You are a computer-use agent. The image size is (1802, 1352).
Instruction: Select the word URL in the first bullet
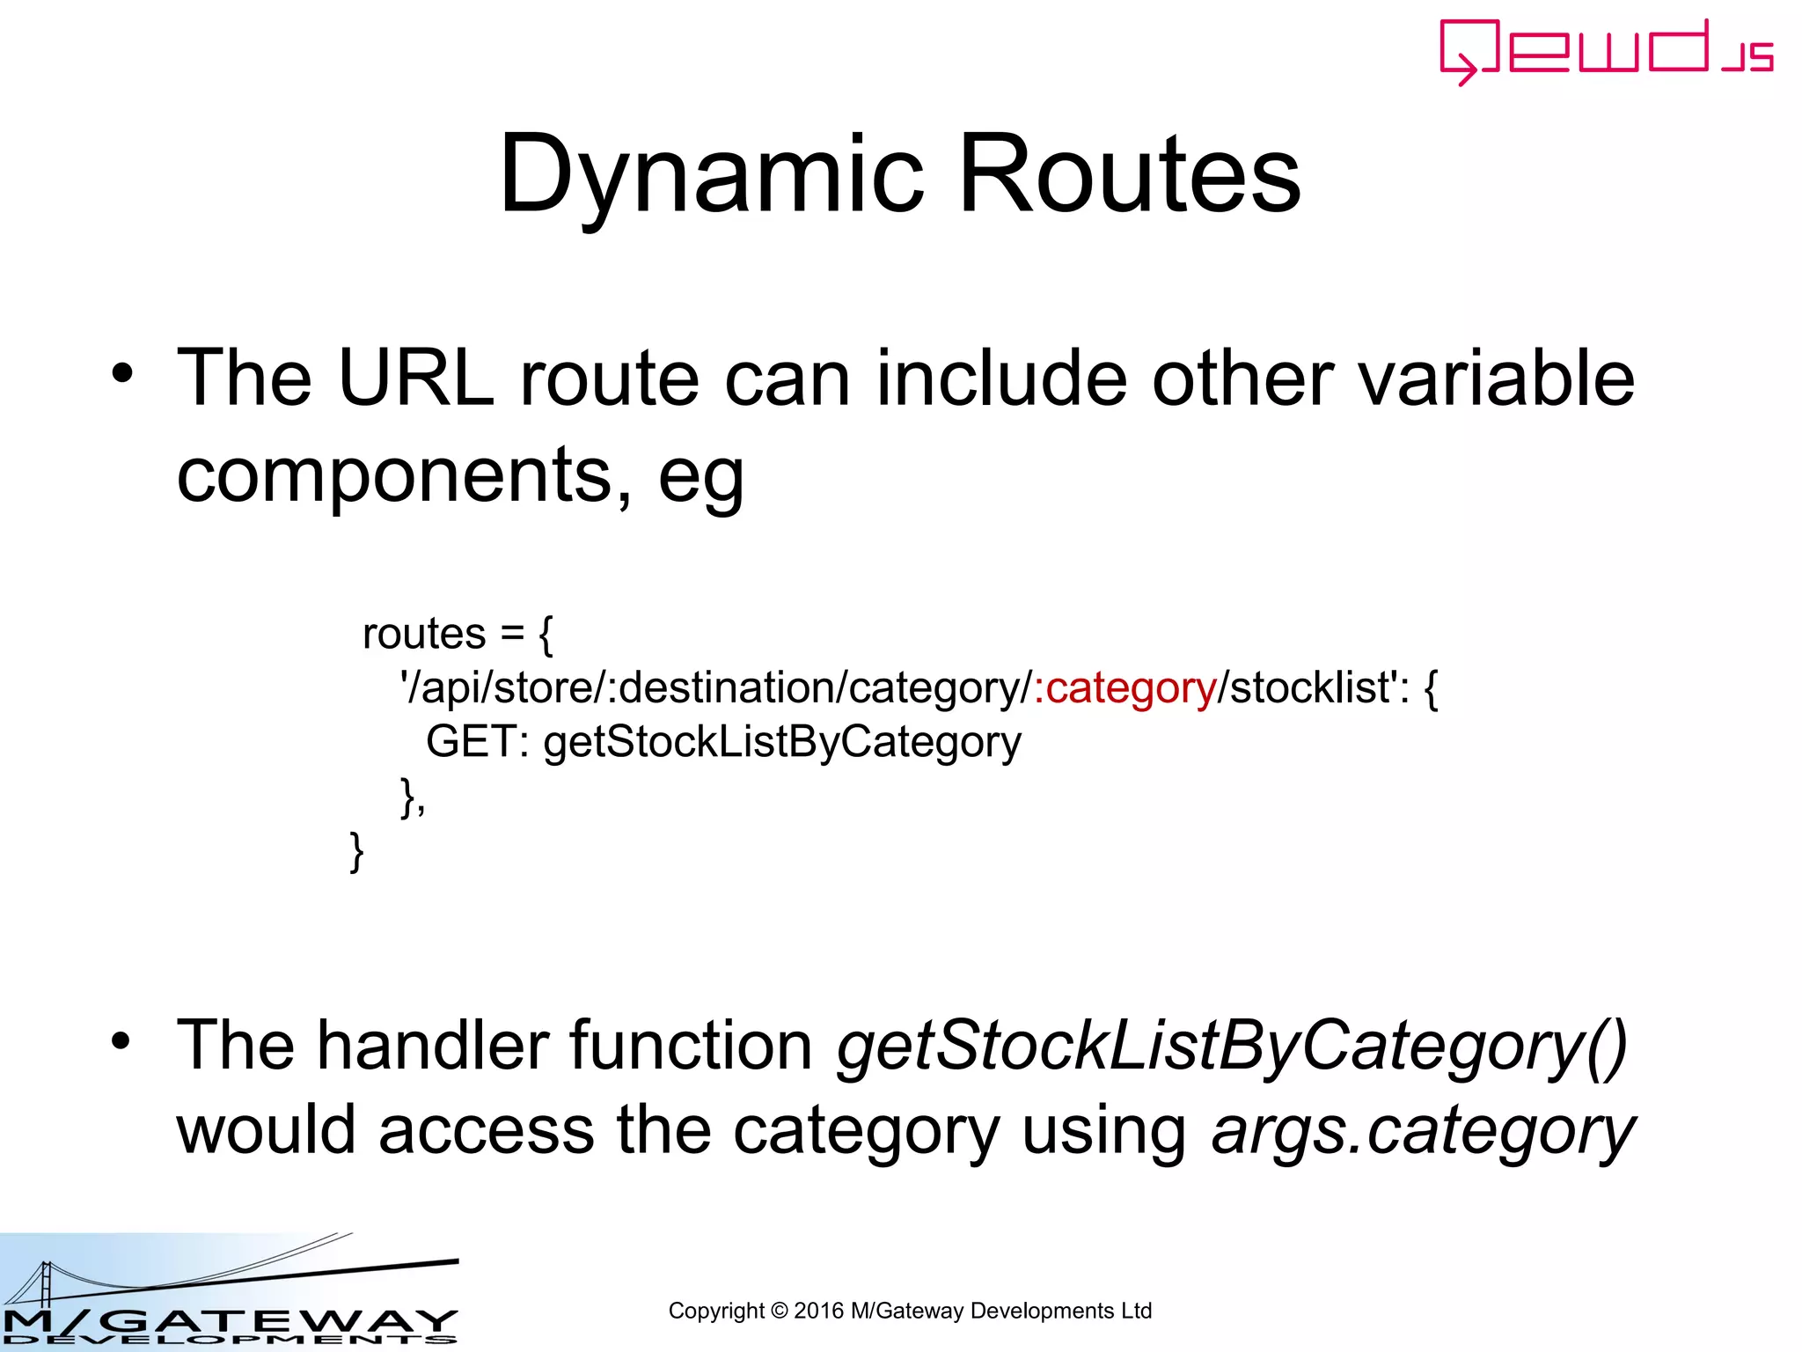click(x=415, y=378)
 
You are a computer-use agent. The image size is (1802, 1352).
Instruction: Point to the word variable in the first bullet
click(x=1496, y=378)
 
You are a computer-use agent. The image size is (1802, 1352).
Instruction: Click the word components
click(x=393, y=475)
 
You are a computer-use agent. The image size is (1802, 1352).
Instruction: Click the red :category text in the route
click(x=1125, y=687)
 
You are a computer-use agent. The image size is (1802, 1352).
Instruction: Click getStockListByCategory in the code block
click(x=782, y=742)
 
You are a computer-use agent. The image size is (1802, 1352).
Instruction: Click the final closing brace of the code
click(x=356, y=851)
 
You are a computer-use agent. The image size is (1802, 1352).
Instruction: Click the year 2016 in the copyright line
click(x=818, y=1311)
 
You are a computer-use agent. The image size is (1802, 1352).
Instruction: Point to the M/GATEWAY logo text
click(x=229, y=1320)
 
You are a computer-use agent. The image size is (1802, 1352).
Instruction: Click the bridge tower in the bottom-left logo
click(x=45, y=1284)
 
